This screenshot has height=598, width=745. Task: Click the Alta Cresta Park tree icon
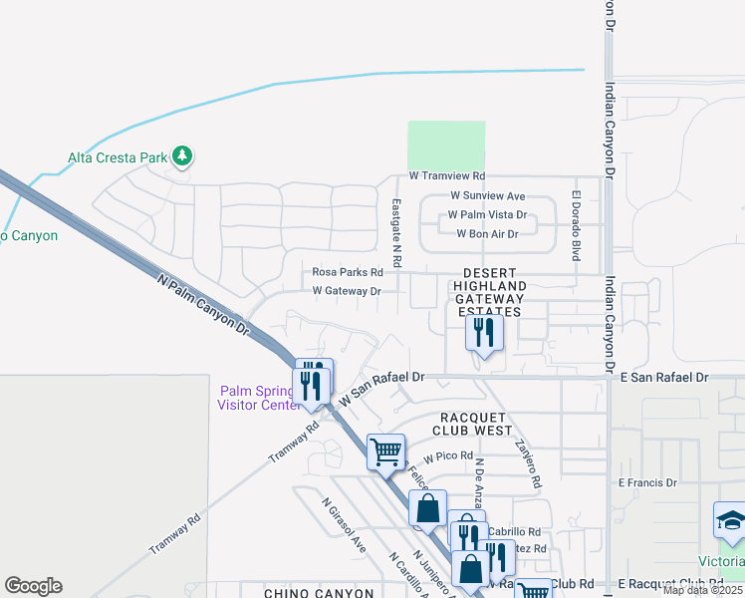click(x=181, y=156)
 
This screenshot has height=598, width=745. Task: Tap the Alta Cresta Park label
click(x=117, y=157)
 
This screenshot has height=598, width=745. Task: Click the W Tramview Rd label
click(x=453, y=176)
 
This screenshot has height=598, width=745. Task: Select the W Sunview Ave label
click(x=488, y=196)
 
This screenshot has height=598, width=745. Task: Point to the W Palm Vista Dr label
click(x=487, y=215)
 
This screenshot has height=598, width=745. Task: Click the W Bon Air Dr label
click(x=487, y=234)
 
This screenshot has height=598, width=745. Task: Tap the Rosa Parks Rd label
click(x=348, y=272)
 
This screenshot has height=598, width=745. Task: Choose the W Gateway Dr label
click(x=347, y=291)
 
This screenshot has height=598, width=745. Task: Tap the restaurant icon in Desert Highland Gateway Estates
click(x=484, y=333)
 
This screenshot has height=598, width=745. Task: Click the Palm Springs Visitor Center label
click(x=259, y=397)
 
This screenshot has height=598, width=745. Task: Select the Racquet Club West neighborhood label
click(x=472, y=424)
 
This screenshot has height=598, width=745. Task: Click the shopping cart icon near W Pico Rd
click(x=385, y=450)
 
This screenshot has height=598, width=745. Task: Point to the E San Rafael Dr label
click(x=663, y=378)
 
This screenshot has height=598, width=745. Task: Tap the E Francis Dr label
click(x=646, y=482)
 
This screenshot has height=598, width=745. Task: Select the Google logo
click(x=33, y=586)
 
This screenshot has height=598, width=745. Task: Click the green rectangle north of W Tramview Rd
click(x=446, y=146)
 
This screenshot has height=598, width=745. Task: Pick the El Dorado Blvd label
click(x=576, y=225)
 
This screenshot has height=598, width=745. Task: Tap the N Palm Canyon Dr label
click(x=202, y=304)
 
